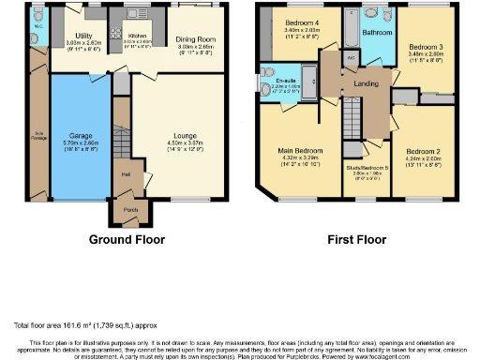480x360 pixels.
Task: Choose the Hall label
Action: [x=125, y=173]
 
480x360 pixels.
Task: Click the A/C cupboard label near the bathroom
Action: [x=352, y=57]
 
